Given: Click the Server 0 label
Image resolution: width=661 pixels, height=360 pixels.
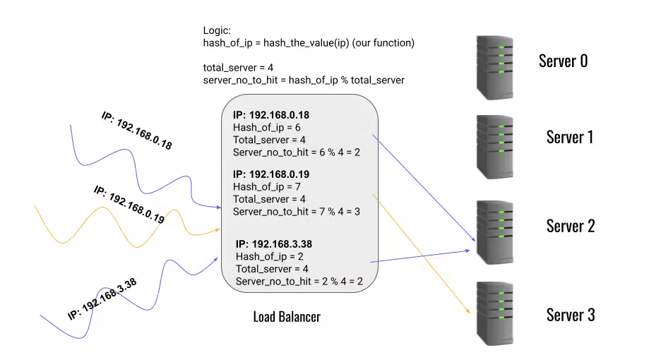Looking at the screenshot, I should [563, 61].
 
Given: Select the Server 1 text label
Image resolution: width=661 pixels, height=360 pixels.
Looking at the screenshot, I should [569, 136].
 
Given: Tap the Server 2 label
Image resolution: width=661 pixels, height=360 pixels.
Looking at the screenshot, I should [571, 226].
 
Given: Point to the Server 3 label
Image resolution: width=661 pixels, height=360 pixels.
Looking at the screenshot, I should [571, 314].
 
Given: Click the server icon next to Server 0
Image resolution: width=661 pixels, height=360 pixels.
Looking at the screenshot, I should [499, 68].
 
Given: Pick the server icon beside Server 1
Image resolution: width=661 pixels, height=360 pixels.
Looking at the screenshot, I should [499, 146].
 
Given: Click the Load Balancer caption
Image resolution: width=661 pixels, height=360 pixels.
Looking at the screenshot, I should [287, 317].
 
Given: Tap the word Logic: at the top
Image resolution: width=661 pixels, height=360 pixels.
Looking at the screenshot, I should [216, 31].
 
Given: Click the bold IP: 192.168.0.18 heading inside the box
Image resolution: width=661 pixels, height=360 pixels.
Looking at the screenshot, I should [271, 115].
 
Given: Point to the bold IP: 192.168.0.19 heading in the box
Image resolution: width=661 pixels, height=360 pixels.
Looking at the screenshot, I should [271, 174].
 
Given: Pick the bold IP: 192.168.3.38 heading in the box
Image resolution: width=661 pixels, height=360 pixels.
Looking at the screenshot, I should [274, 244].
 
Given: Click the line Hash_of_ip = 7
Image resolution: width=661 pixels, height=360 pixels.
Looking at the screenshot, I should [263, 187].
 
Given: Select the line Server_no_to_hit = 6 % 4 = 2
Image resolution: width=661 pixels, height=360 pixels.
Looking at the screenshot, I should [297, 152].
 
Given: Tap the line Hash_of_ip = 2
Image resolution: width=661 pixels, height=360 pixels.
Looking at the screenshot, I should [266, 256].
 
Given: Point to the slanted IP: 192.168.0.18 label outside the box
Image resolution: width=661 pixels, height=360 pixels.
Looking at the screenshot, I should [137, 131].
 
